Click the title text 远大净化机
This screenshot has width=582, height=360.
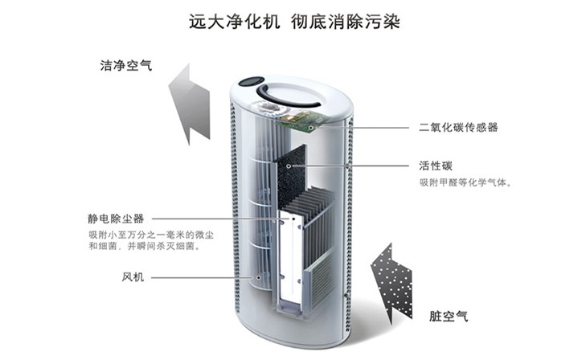[234, 22]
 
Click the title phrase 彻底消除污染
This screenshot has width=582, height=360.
[346, 22]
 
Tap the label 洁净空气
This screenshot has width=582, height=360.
[126, 66]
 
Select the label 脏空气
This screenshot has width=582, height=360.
[449, 317]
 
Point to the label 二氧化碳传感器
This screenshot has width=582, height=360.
[458, 127]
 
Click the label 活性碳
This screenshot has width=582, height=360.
[436, 166]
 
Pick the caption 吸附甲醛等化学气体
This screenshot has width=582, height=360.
[465, 182]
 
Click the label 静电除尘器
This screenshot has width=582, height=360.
[116, 219]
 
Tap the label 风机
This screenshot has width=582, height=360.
[133, 277]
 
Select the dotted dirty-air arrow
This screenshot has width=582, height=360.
[392, 284]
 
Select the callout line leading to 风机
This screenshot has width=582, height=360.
[204, 277]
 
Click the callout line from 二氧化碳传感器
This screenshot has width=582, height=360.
[359, 128]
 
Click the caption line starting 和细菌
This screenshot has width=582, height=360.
[145, 246]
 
